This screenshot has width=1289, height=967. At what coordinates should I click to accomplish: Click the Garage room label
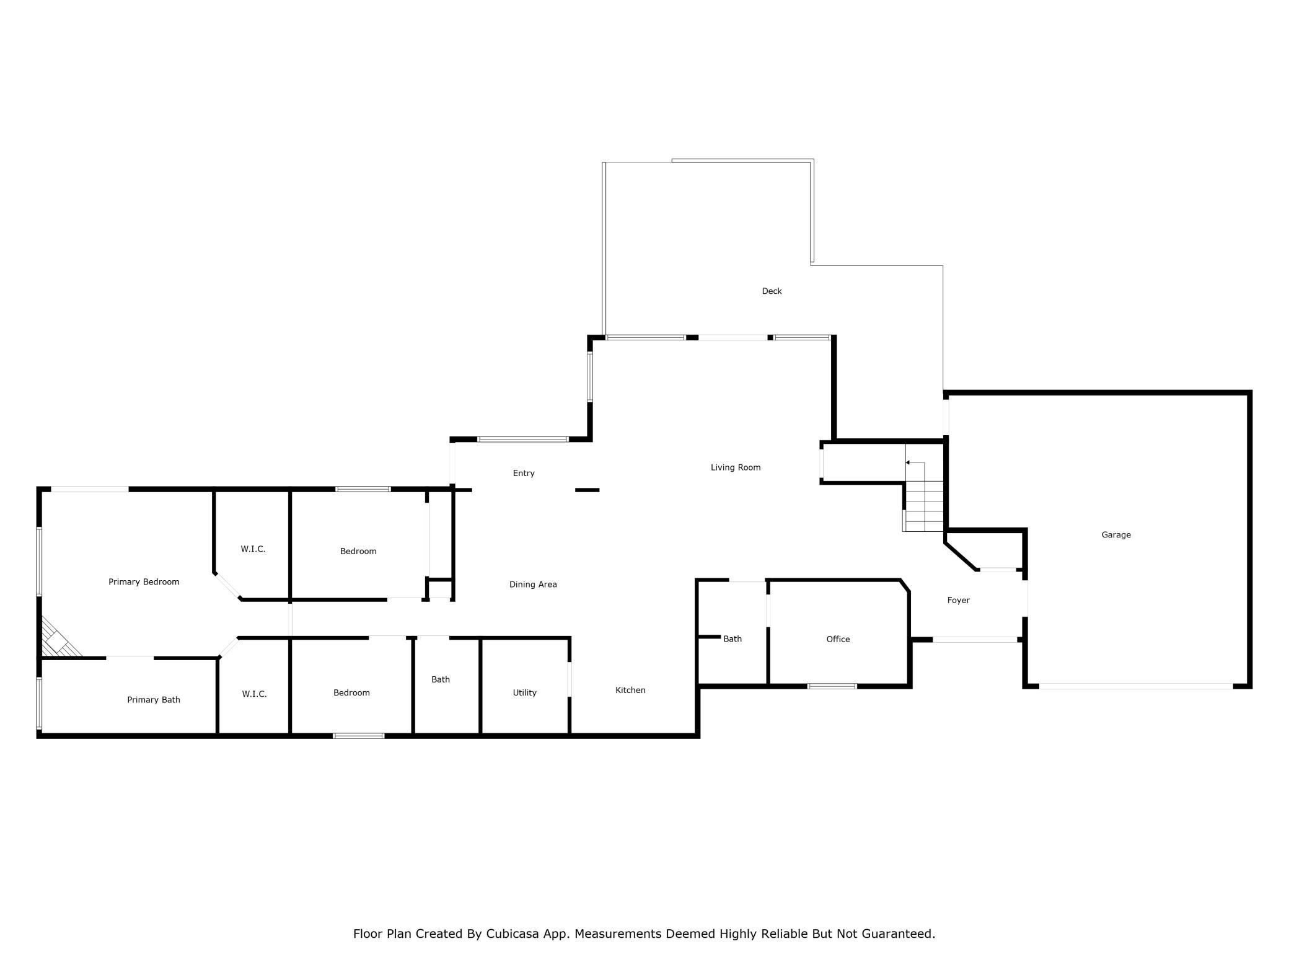point(1116,535)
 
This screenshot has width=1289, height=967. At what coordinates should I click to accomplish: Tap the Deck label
point(772,291)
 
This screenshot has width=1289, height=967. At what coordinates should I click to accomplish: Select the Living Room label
point(736,467)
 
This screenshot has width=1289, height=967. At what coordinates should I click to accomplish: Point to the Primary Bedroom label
point(144,582)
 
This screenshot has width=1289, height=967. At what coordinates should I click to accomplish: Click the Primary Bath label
point(154,700)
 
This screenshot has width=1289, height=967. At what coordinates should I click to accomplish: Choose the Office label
point(838,639)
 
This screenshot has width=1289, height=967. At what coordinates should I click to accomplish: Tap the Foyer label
point(958,601)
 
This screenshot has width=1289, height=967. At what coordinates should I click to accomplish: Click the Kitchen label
point(630,690)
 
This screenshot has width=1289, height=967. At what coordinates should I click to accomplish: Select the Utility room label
point(524,693)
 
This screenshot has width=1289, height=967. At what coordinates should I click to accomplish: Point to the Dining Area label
point(533,585)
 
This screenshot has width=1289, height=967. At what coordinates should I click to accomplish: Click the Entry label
point(524,474)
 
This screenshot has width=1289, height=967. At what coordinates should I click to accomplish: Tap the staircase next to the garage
point(923,496)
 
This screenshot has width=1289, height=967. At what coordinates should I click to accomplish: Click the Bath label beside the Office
point(732,639)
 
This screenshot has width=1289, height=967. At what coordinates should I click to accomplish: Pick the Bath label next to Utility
point(441,679)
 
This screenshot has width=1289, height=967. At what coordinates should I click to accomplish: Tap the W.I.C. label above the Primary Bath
point(253,549)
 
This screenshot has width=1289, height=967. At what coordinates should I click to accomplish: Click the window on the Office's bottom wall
point(832,686)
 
